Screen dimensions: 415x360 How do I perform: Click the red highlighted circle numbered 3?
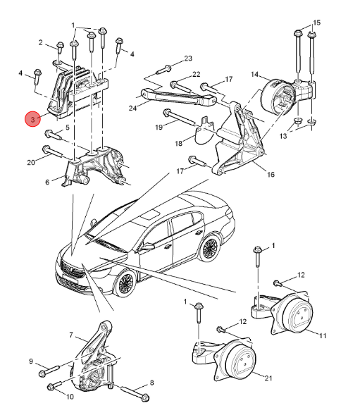34,120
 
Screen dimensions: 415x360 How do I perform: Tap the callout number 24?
133,107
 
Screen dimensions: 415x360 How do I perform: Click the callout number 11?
323,336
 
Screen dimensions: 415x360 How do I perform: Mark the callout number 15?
316,23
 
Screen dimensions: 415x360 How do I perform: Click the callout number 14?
254,74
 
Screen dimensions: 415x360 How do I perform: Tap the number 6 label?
47,182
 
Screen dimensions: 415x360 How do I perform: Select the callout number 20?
30,163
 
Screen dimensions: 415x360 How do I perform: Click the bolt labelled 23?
164,69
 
